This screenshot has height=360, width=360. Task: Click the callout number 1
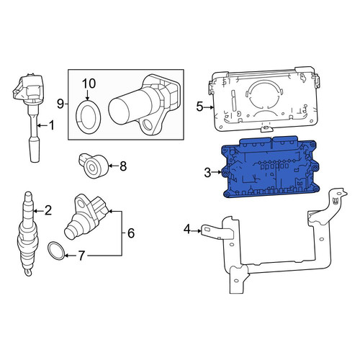pos(52,125)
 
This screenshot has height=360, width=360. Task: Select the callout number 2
pos(48,210)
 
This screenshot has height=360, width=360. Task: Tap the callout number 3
pos(207,172)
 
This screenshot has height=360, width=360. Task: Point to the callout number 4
pos(187,229)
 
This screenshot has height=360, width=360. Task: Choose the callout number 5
pos(199,107)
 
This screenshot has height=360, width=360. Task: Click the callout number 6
pos(131,233)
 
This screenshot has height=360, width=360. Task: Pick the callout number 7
pos(81,256)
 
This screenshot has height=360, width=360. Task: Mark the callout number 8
pos(123,166)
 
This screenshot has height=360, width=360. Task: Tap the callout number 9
pos(60,104)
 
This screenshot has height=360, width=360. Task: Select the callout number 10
pos(89,84)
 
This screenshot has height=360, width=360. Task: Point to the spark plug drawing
pos(28,234)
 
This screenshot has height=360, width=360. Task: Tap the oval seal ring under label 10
pos(88,117)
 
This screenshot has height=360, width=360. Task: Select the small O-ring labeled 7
pos(56,251)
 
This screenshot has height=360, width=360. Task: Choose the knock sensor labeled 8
pos(93,166)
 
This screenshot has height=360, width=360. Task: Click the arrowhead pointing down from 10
pos(87,99)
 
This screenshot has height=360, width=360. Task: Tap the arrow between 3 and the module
pos(217,172)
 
